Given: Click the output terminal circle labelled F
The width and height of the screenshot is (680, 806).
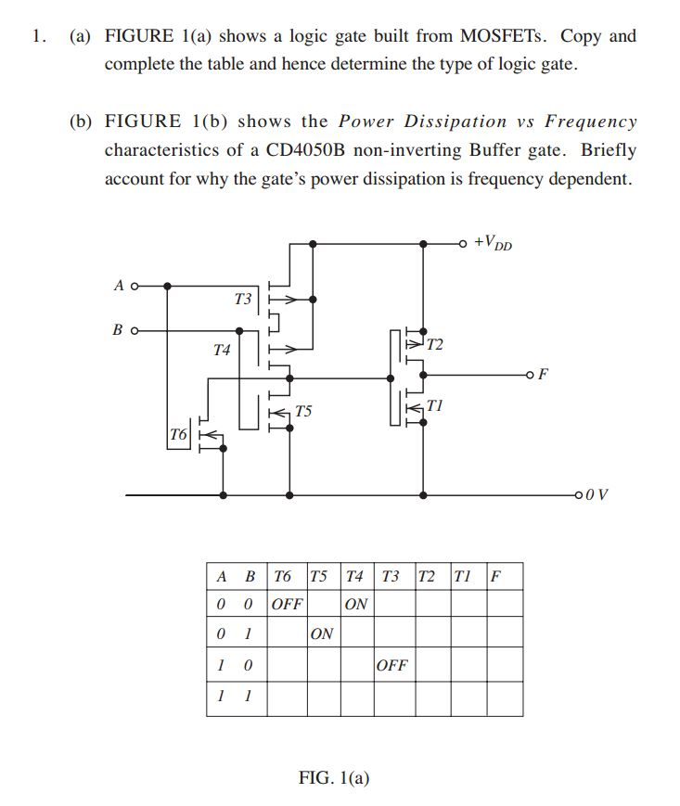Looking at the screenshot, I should pyautogui.click(x=529, y=375).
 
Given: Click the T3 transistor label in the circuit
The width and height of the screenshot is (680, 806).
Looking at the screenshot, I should pyautogui.click(x=243, y=300).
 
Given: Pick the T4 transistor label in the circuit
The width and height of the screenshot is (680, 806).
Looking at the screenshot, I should pyautogui.click(x=221, y=351).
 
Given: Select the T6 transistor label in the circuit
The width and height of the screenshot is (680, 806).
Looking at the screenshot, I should pyautogui.click(x=179, y=434).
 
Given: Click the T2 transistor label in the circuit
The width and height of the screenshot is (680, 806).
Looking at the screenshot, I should pyautogui.click(x=434, y=345).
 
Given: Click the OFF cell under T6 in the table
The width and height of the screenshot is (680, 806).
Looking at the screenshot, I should pyautogui.click(x=287, y=604).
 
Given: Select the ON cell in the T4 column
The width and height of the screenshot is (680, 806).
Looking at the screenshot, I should pyautogui.click(x=355, y=604).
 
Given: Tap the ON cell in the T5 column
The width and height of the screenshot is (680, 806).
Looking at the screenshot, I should pyautogui.click(x=322, y=634).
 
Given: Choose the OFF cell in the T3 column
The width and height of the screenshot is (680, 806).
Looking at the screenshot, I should pyautogui.click(x=391, y=666).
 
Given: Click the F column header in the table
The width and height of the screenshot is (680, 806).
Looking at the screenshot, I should pyautogui.click(x=495, y=575).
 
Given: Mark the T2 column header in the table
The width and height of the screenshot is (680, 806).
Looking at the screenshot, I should pyautogui.click(x=427, y=575).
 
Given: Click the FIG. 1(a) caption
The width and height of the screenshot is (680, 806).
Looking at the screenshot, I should pyautogui.click(x=334, y=777).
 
